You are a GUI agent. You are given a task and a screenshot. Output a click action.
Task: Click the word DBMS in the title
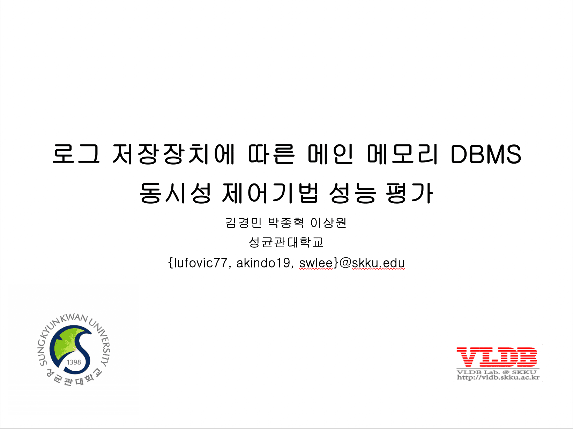[486, 154]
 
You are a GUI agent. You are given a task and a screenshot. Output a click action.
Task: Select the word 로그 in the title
[76, 154]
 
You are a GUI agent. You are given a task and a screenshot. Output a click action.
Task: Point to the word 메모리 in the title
[402, 154]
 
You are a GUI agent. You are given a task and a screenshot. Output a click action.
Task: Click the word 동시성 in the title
[175, 193]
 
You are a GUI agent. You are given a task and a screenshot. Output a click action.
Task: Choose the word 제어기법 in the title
[270, 193]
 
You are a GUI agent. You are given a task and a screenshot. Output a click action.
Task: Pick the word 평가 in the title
[409, 193]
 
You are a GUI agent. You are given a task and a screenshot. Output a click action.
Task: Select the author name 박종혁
[286, 223]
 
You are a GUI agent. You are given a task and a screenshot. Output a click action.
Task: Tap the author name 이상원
[328, 223]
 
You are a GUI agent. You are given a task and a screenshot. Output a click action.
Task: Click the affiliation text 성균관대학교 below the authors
[286, 242]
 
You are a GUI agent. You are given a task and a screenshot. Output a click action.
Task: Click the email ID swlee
[316, 263]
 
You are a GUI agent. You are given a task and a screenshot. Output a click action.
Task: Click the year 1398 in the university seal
[74, 362]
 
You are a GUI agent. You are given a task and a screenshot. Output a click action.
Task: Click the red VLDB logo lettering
[497, 357]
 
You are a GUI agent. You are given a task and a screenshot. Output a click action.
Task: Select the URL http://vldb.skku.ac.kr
[498, 377]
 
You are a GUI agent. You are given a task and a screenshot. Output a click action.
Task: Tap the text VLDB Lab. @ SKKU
[497, 372]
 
